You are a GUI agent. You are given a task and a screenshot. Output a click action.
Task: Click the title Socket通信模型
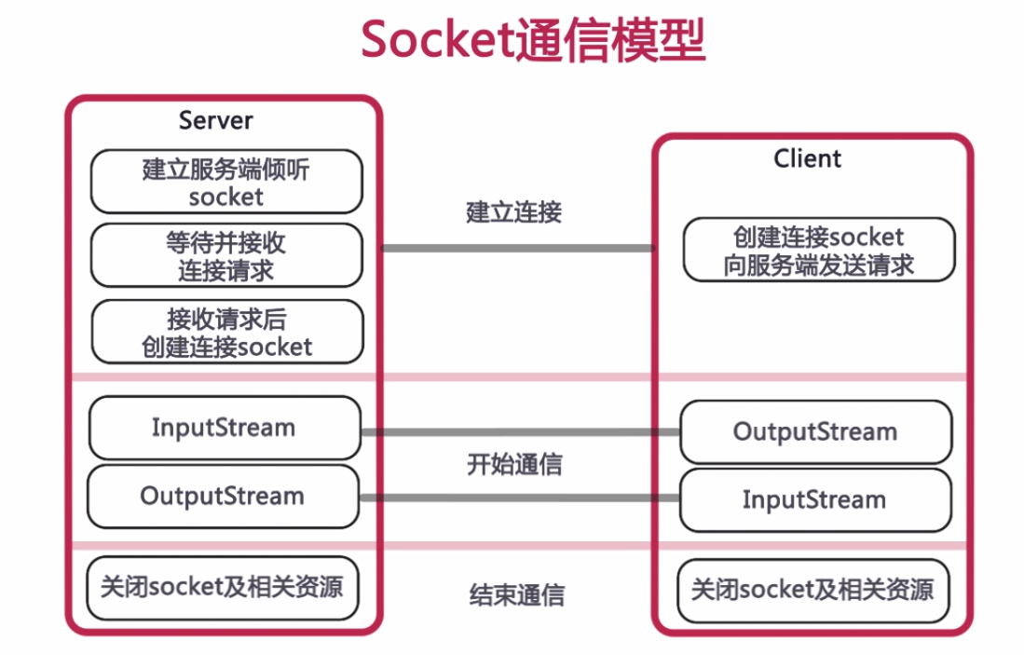click(x=532, y=41)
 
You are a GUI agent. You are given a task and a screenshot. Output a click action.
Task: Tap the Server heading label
click(x=215, y=120)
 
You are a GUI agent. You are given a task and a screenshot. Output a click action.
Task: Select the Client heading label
click(x=807, y=159)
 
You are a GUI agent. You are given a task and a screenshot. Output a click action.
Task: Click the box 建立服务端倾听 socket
click(x=225, y=183)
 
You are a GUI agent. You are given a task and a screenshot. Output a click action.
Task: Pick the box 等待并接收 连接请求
click(x=225, y=256)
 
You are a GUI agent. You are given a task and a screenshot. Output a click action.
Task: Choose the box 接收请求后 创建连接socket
click(x=225, y=333)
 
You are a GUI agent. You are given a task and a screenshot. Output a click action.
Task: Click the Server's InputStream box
click(x=224, y=428)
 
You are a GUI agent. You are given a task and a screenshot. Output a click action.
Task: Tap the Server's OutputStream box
click(x=223, y=496)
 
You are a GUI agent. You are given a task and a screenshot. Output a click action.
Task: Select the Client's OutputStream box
click(x=815, y=432)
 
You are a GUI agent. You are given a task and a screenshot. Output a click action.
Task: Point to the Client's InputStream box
click(x=815, y=500)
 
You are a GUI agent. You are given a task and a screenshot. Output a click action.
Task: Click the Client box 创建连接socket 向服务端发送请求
click(x=819, y=251)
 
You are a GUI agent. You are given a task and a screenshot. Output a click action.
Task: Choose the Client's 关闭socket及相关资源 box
click(x=813, y=591)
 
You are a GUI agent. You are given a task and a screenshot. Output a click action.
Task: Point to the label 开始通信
click(x=514, y=464)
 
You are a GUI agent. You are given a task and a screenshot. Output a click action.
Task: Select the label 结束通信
click(x=515, y=594)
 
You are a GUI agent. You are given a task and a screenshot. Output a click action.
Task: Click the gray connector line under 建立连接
click(x=517, y=248)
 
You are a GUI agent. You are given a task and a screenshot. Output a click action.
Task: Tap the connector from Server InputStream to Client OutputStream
click(x=520, y=432)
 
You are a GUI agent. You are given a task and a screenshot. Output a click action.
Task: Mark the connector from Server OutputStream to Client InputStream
click(x=520, y=498)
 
